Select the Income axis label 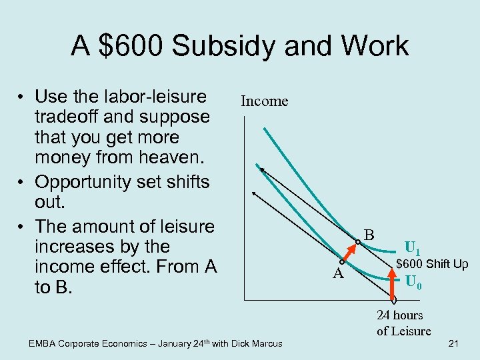pyautogui.click(x=264, y=101)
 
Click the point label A pyautogui.click(x=338, y=275)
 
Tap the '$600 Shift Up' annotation pyautogui.click(x=432, y=264)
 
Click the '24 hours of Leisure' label pyautogui.click(x=403, y=323)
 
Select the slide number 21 pyautogui.click(x=453, y=343)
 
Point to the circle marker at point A pyautogui.click(x=341, y=262)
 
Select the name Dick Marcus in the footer pyautogui.click(x=257, y=344)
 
